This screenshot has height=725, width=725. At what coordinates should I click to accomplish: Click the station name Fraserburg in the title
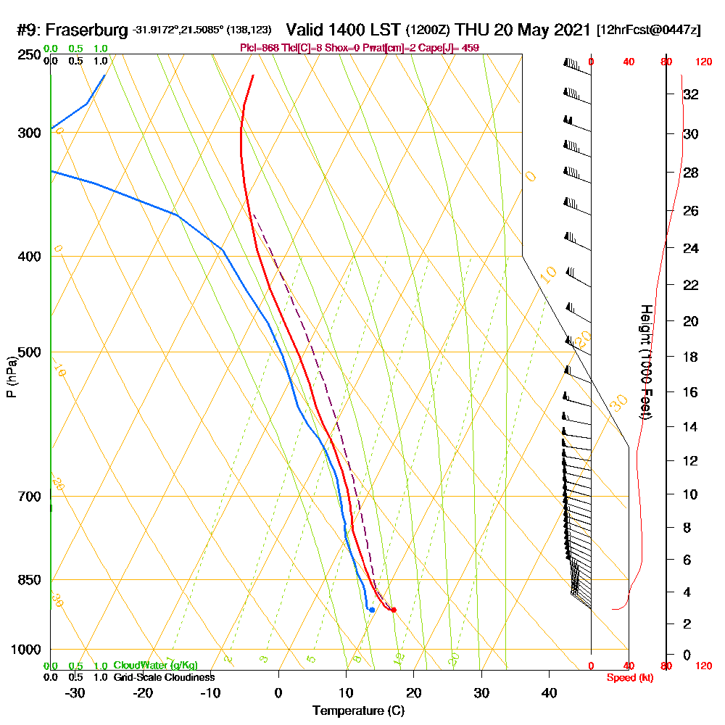click(x=90, y=30)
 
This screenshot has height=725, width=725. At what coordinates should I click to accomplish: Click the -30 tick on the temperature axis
click(x=75, y=692)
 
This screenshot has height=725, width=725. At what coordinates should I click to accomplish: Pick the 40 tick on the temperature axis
click(x=549, y=692)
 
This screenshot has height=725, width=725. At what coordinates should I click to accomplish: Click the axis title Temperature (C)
click(x=358, y=710)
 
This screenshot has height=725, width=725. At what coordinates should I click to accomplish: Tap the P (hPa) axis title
click(x=11, y=377)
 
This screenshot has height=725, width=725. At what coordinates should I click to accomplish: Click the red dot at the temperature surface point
click(x=394, y=610)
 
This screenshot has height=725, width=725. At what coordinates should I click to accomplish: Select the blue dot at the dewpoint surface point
click(x=372, y=610)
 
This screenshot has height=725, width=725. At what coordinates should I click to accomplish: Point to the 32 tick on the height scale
click(x=691, y=94)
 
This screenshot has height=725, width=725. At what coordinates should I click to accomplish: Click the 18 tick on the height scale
click(x=691, y=357)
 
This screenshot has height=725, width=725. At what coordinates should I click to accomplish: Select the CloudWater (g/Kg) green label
click(x=155, y=666)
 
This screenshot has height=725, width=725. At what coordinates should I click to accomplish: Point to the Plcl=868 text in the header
click(x=259, y=48)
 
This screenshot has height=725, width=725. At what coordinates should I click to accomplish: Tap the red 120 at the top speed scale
click(x=703, y=62)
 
